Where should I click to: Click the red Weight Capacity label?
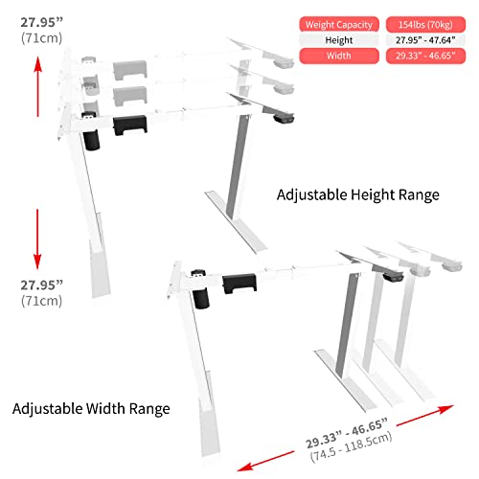tap(339, 25)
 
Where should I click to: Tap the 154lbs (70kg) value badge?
tap(425, 25)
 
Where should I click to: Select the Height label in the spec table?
tap(339, 40)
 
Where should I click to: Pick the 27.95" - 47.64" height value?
tap(425, 40)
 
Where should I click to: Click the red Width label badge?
tap(339, 56)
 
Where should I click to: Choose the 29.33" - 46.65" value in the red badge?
tap(425, 56)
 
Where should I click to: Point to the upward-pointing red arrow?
tap(37, 86)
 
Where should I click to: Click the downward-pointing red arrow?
tap(37, 239)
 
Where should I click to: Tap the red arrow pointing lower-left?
tap(266, 461)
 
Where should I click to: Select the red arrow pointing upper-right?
tap(425, 415)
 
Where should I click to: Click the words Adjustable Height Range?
tap(358, 194)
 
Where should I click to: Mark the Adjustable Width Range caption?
tap(91, 408)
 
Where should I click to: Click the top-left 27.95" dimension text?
tap(42, 22)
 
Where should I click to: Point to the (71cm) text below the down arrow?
tap(42, 301)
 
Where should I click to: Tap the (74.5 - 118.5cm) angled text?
tap(351, 446)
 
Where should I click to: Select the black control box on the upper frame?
tap(130, 125)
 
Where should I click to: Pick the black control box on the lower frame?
tap(239, 284)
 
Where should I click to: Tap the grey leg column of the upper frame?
tap(238, 167)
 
